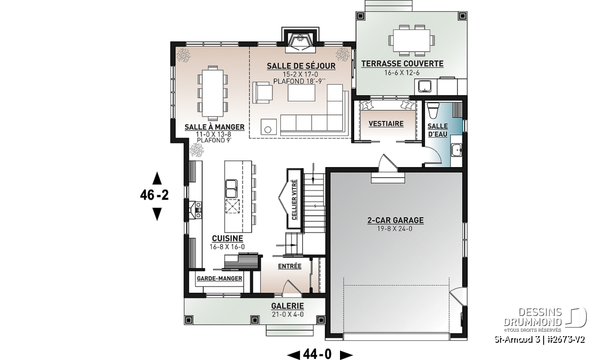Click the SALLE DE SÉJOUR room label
[x=301, y=66]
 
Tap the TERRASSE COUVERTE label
[x=402, y=64]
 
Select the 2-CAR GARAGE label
[x=396, y=220]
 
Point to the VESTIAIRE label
[x=386, y=124]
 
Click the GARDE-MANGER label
[x=219, y=278]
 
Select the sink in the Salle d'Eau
[x=457, y=150]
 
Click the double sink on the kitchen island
[x=231, y=189]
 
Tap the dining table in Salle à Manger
[x=212, y=93]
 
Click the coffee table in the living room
[x=301, y=93]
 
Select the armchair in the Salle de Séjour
[x=262, y=93]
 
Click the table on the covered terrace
[x=412, y=41]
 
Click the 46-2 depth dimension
[x=155, y=195]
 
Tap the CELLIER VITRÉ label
[x=294, y=200]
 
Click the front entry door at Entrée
[x=291, y=289]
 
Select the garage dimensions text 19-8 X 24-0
[x=395, y=229]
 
